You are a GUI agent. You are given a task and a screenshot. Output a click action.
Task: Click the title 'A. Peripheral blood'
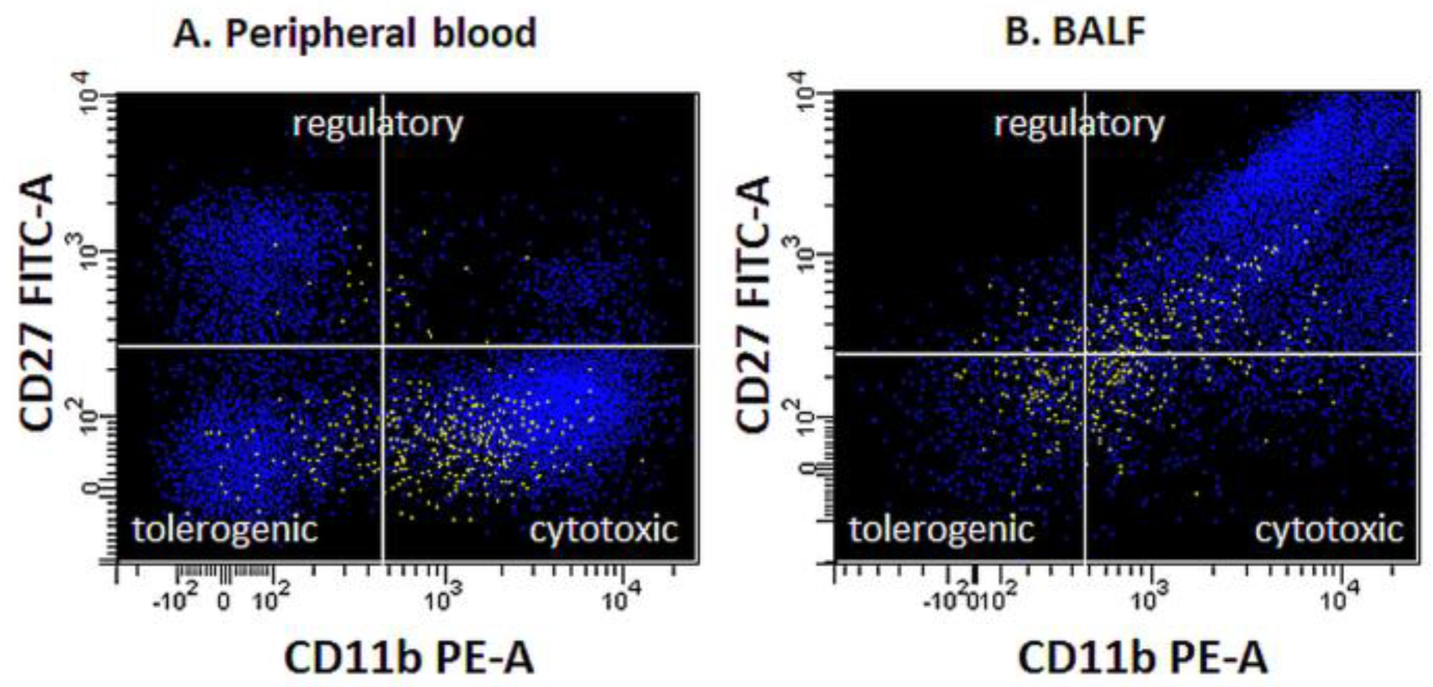355,33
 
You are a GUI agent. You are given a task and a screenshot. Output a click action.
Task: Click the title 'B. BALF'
1074,31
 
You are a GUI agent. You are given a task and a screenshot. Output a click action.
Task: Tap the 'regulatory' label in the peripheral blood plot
378,125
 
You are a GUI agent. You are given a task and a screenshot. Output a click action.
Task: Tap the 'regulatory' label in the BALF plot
1079,125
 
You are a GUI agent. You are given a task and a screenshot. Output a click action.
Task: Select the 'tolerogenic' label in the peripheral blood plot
225,530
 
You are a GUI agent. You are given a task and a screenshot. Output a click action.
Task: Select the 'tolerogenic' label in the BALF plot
942,531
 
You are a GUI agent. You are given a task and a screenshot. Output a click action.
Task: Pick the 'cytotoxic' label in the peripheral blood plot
604,530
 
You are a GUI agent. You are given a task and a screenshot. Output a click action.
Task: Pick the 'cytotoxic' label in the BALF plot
1329,531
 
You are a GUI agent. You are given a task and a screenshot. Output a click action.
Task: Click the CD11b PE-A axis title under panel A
410,657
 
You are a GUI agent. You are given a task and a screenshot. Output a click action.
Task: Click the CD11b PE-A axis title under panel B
1143,657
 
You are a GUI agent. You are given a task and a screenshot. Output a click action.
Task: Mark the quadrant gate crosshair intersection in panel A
383,346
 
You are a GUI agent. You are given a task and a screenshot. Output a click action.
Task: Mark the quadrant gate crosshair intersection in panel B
1084,354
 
